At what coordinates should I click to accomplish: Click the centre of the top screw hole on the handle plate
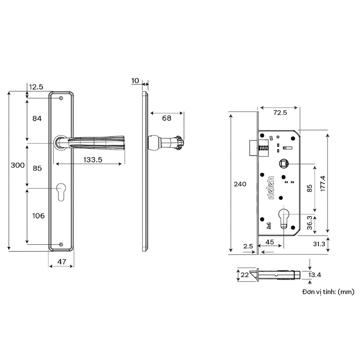(61, 98)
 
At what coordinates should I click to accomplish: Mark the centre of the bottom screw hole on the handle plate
(61, 244)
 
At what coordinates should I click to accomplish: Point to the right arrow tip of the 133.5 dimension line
(122, 164)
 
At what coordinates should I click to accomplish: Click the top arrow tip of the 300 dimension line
(9, 92)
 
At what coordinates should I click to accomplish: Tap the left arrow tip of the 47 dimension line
(49, 266)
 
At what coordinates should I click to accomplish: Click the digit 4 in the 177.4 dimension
(323, 178)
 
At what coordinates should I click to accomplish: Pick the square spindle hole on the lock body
(284, 164)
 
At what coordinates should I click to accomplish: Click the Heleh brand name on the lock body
(271, 188)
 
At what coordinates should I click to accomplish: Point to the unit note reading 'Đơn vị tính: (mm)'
(328, 292)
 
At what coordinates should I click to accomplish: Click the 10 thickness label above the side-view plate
(135, 80)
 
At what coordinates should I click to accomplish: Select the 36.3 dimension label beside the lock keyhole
(309, 222)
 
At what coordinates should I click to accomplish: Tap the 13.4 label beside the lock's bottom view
(314, 275)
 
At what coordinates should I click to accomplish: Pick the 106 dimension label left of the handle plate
(38, 216)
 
